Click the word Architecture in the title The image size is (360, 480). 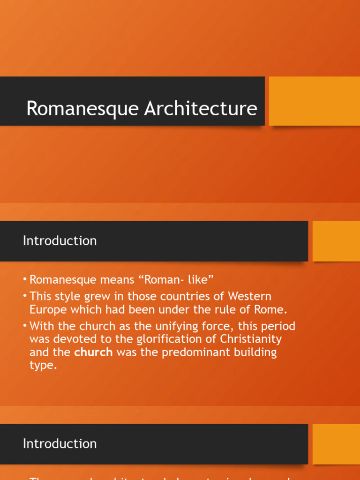201,108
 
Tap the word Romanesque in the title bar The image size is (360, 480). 83,108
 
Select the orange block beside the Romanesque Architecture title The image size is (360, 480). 314,101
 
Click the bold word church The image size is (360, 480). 94,352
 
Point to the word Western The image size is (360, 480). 249,296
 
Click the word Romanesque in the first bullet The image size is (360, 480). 62,280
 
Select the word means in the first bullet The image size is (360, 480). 114,280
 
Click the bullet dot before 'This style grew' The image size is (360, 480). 25,296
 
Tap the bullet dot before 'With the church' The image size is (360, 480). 25,326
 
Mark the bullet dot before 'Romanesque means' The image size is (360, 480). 25,280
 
